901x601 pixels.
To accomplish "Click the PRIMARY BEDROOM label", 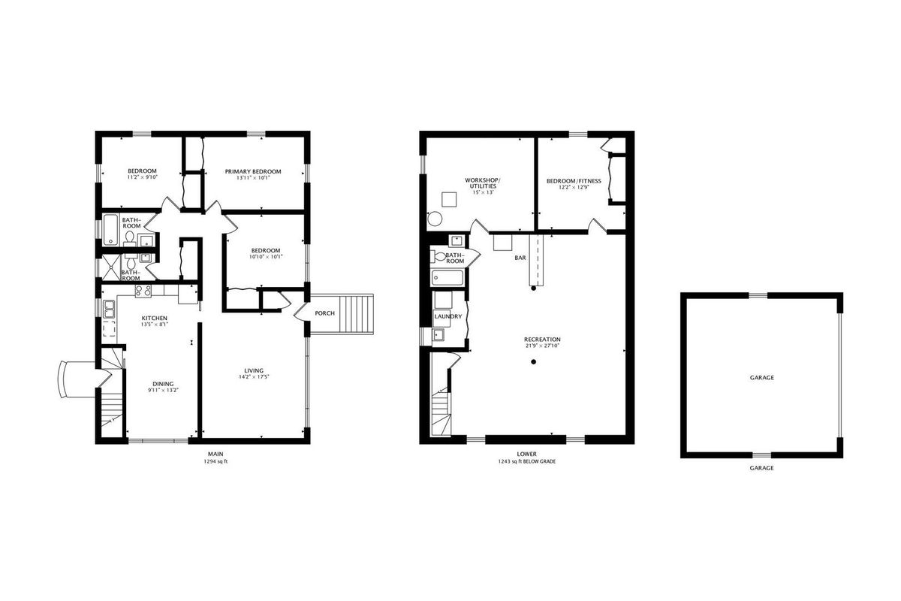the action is click(252, 171).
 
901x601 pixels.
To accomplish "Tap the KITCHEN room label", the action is click(155, 319).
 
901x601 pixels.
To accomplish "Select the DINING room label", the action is click(163, 384).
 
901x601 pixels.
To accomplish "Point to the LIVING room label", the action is click(254, 371).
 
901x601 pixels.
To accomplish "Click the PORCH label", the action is click(324, 313).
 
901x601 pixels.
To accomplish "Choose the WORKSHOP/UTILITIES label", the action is click(483, 183).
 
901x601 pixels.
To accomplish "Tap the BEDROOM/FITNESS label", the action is click(574, 181).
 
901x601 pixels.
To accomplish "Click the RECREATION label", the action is click(542, 340).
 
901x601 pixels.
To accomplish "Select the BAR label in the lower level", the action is click(520, 258).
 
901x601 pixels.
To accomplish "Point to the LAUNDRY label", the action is click(448, 316).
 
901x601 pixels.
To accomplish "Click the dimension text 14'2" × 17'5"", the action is click(254, 377).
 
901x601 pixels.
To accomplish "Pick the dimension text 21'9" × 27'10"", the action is click(542, 346).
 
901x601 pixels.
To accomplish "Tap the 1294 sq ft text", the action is click(215, 462).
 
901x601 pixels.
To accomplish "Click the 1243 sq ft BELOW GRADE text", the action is click(526, 462).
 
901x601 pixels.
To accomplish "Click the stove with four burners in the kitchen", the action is click(143, 291).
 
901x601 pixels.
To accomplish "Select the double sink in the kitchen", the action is click(109, 310).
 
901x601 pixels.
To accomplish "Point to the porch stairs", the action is click(357, 313).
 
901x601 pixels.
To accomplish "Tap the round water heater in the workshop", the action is click(435, 219).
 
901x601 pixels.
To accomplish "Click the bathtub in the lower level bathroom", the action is click(447, 278).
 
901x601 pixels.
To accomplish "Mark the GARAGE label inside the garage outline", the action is click(762, 378).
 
